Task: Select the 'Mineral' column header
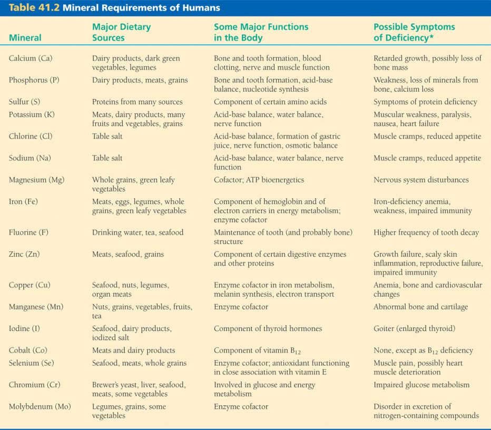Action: pos(25,38)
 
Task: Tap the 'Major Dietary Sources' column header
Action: pos(121,32)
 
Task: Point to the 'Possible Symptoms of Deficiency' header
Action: pos(415,32)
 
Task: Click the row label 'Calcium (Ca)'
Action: pos(31,58)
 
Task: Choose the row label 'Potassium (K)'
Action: pos(32,114)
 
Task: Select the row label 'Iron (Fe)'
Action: pos(23,202)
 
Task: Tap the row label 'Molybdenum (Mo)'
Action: pos(40,406)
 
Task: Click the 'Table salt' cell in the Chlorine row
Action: pos(107,136)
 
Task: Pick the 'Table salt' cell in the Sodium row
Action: pos(107,158)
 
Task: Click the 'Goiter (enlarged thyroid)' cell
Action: pos(414,329)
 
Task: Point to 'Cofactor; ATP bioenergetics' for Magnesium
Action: pos(259,180)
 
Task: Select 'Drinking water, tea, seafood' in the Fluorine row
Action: pos(138,232)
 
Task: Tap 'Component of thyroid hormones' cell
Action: pos(268,329)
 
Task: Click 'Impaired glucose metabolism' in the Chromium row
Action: pos(421,385)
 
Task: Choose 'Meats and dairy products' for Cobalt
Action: pos(133,350)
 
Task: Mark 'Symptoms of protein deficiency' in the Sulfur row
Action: pos(425,102)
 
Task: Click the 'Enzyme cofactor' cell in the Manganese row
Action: pos(241,307)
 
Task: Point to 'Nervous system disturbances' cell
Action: pos(421,180)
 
